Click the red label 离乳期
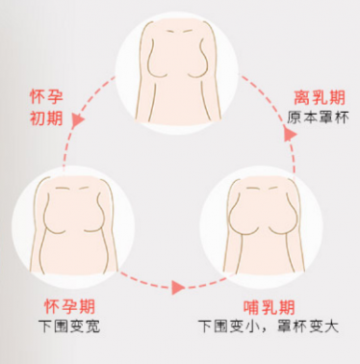pos(320,97)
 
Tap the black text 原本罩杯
pos(318,117)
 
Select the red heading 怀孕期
pos(69,306)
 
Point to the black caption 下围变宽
pos(69,326)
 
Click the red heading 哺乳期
pos(269,307)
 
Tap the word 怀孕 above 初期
pos(46,96)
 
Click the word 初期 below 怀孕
pos(46,118)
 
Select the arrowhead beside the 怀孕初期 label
pos(78,119)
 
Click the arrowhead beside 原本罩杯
pos(291,133)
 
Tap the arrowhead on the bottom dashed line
pos(178,287)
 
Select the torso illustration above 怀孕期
pos(74,224)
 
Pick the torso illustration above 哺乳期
pos(264,225)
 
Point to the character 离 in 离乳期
pos(302,97)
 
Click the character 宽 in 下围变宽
pos(92,326)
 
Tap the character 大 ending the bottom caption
pos(331,326)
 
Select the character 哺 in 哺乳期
pos(251,307)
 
